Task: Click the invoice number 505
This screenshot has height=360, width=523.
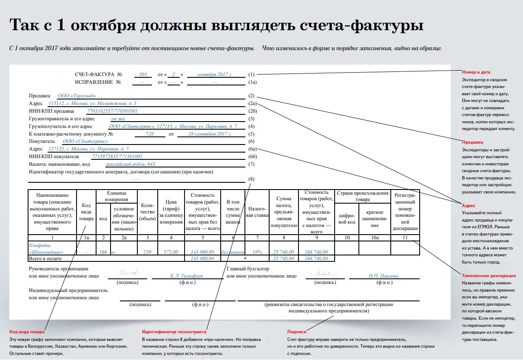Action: tap(143, 74)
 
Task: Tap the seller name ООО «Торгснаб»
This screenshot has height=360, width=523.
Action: tap(77, 96)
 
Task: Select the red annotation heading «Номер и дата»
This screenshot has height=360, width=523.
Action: tap(476, 72)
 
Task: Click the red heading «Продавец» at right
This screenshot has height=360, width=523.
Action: tap(472, 142)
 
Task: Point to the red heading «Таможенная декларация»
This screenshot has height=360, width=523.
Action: tap(489, 276)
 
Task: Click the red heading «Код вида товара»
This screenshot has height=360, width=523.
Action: tap(27, 332)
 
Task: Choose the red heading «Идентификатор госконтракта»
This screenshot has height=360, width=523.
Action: tap(174, 332)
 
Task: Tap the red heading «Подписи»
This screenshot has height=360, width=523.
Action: tap(296, 332)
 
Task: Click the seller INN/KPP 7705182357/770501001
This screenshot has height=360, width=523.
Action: tap(112, 111)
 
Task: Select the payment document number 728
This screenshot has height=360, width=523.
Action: tap(150, 134)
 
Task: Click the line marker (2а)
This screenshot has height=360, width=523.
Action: tap(252, 103)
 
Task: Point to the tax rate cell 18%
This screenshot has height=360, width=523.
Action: tap(257, 252)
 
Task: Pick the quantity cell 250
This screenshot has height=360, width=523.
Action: tap(147, 252)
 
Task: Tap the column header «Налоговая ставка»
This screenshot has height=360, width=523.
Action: tap(257, 212)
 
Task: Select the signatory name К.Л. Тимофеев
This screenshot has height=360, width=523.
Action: tap(187, 276)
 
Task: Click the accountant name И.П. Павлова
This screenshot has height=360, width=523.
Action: tap(384, 276)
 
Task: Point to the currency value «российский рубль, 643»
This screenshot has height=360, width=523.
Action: tap(131, 164)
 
